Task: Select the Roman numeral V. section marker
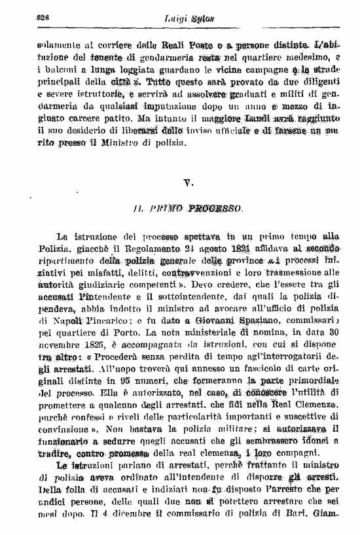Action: point(189,182)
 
